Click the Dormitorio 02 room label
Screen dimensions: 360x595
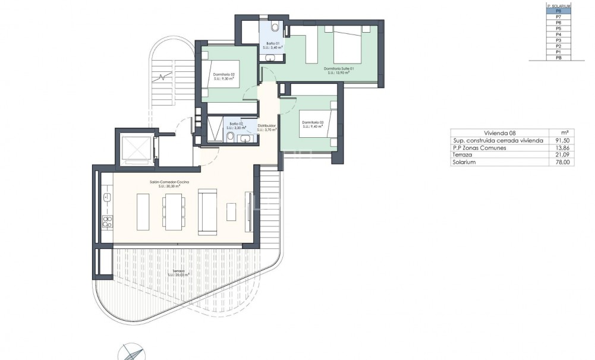(223, 75)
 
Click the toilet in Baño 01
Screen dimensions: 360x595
(275, 27)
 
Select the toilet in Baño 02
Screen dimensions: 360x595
(229, 137)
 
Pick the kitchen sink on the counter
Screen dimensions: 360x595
(107, 197)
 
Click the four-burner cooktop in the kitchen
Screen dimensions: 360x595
(107, 222)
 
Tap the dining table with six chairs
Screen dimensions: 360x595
(172, 211)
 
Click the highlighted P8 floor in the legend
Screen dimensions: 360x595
(558, 10)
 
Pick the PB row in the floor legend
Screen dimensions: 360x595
(558, 58)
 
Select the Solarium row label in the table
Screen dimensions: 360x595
(464, 162)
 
